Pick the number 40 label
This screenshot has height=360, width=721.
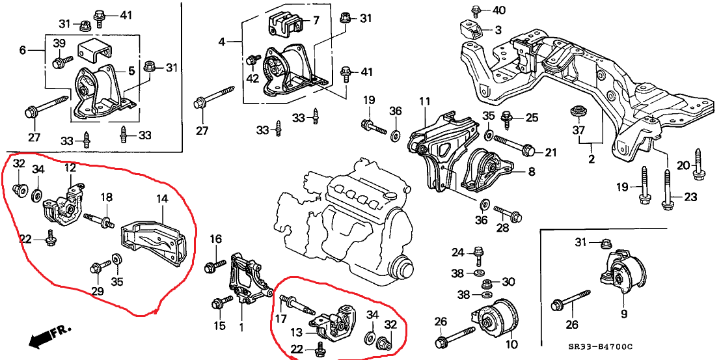tap(498, 10)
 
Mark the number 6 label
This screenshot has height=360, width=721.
tap(23, 49)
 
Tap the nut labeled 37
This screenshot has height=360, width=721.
tap(575, 112)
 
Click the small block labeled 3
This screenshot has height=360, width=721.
tap(470, 29)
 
